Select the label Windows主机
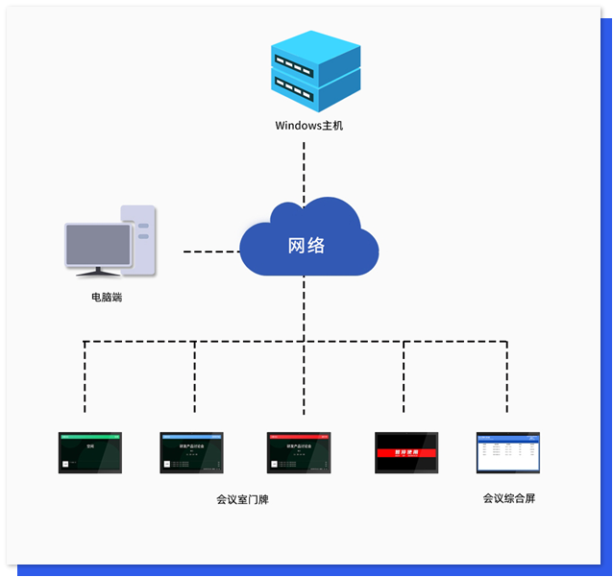[308, 126]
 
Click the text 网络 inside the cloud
[306, 245]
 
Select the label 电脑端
[107, 298]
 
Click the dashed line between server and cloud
[305, 167]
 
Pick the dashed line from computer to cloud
[210, 252]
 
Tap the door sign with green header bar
[90, 452]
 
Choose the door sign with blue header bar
[191, 452]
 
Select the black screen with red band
[406, 452]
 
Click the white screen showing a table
[508, 452]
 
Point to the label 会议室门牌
[243, 499]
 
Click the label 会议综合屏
[509, 498]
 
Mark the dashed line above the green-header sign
[86, 378]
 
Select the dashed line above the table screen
[507, 378]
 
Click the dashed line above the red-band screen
[405, 378]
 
